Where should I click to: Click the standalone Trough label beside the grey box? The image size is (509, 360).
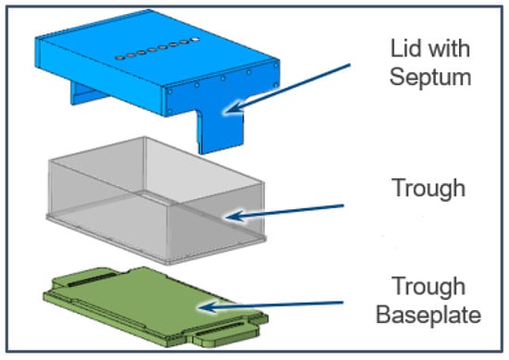[x=428, y=189]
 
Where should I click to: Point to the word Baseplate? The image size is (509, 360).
[x=428, y=315]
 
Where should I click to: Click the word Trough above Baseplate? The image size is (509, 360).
[x=428, y=287]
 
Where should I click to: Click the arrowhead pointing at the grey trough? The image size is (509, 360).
[x=236, y=216]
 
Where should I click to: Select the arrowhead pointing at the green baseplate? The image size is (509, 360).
[x=209, y=306]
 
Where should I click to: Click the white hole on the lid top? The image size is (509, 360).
[x=194, y=39]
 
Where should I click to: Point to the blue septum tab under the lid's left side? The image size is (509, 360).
[x=86, y=93]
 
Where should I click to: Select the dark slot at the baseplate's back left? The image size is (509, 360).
[x=92, y=279]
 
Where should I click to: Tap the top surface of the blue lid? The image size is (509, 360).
[x=155, y=49]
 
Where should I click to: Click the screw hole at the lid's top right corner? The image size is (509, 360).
[x=276, y=66]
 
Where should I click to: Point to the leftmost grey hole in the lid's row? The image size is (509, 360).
[x=119, y=57]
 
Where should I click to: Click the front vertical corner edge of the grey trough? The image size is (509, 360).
[x=168, y=234]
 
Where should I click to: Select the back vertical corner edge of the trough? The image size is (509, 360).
[x=145, y=165]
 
